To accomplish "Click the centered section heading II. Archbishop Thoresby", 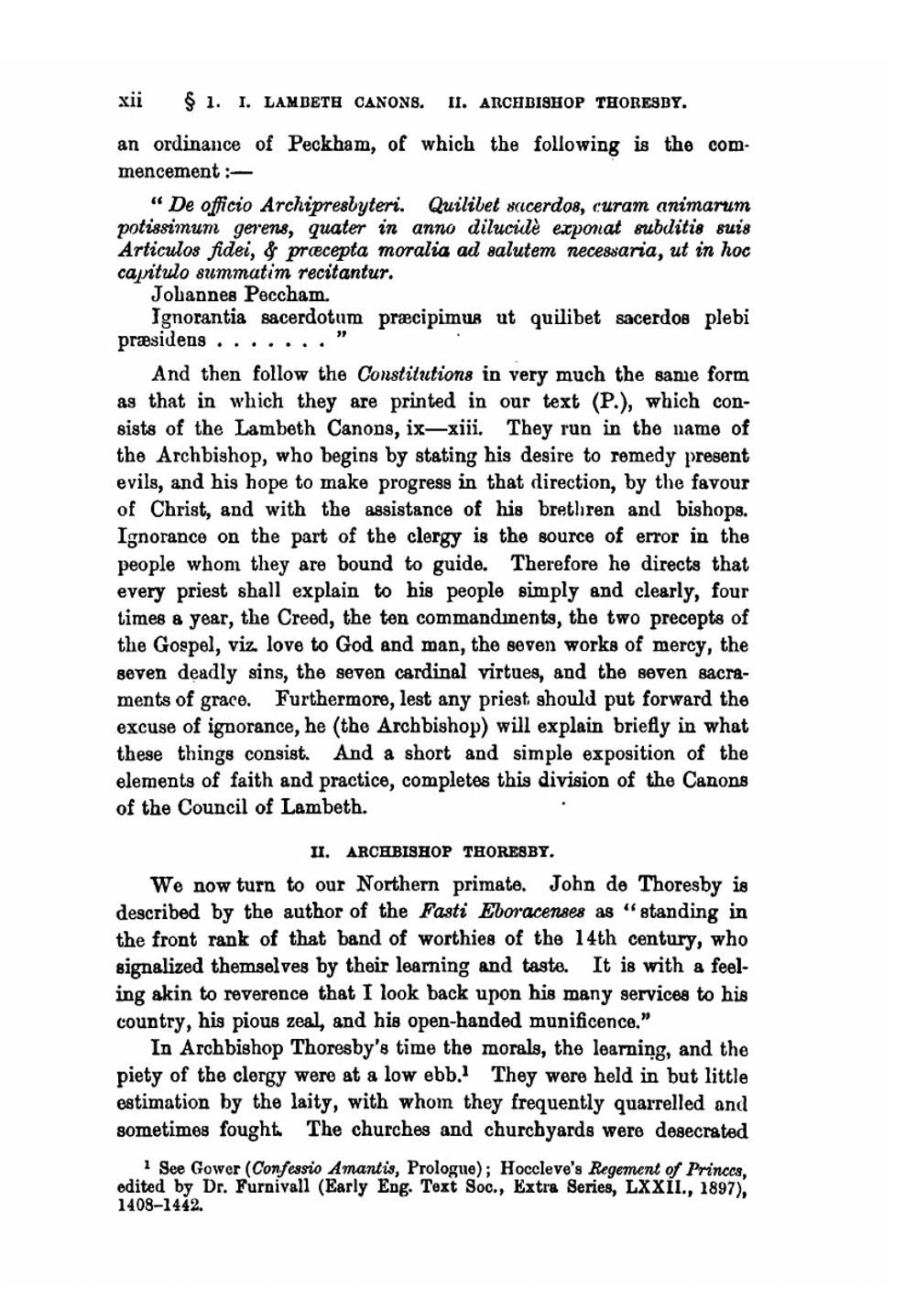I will point(432,849).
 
